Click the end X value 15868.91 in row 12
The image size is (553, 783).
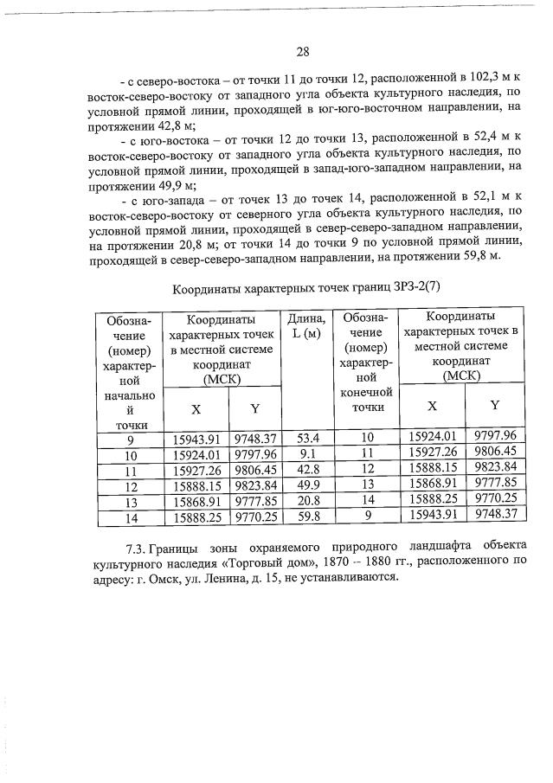[431, 485]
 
